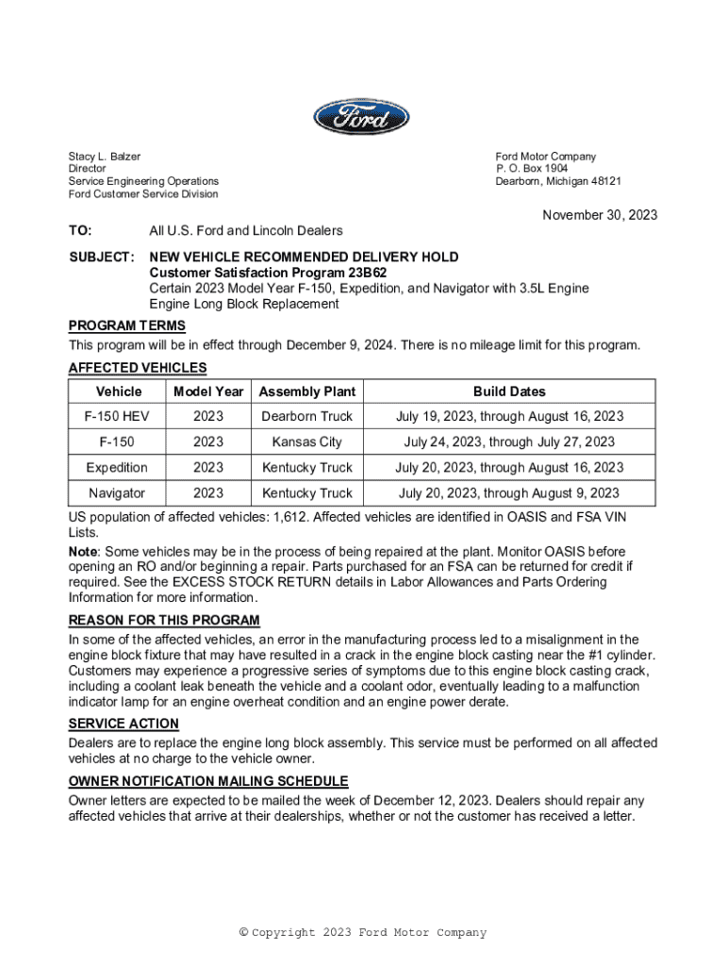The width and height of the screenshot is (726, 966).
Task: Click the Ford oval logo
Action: tap(362, 118)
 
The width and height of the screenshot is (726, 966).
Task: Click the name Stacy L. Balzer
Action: tap(104, 157)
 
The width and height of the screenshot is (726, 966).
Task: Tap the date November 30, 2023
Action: tap(600, 215)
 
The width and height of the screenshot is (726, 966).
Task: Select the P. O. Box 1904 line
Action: tap(532, 169)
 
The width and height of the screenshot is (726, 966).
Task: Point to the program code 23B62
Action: tap(368, 273)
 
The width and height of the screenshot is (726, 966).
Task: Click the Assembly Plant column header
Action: tap(307, 391)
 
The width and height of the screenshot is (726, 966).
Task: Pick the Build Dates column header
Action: tap(509, 391)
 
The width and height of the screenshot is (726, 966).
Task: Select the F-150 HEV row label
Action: tap(117, 417)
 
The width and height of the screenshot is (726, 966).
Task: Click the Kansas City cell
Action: tap(307, 442)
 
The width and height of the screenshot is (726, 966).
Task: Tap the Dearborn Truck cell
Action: tap(307, 417)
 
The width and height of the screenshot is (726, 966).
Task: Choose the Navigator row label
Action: tap(117, 493)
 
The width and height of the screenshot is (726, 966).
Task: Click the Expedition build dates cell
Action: tap(509, 468)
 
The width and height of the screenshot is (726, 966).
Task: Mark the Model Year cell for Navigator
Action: tap(208, 493)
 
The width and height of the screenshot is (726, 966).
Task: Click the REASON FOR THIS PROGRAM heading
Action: tap(164, 621)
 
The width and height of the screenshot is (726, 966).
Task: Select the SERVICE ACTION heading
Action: tap(124, 724)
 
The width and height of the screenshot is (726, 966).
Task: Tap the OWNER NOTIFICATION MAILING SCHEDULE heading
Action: tap(208, 781)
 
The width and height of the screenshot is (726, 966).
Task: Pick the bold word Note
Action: tap(83, 552)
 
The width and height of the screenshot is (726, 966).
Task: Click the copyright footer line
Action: tap(363, 933)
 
